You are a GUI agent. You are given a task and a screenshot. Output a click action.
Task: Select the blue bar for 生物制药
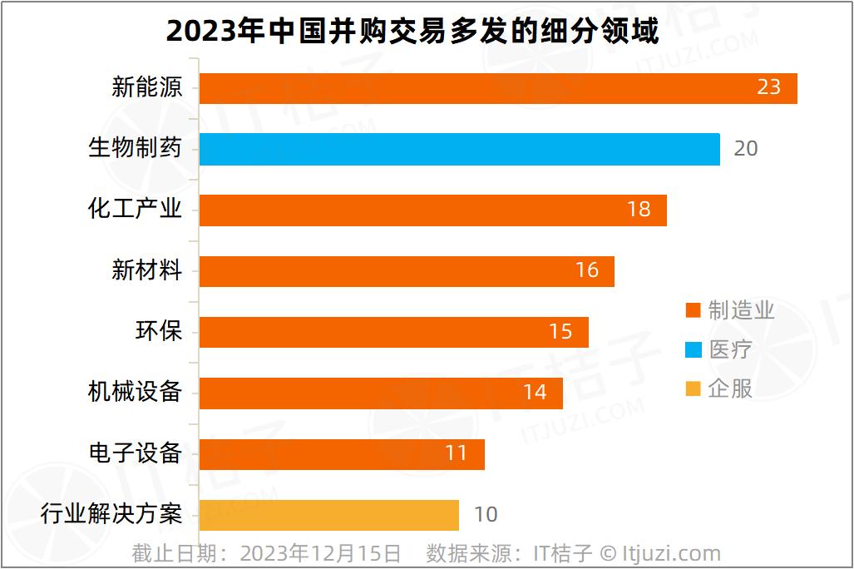click(459, 149)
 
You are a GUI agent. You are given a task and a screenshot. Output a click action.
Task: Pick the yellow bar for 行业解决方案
click(329, 515)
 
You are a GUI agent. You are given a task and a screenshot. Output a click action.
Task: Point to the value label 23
click(769, 87)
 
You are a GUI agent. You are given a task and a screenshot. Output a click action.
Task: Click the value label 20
click(746, 149)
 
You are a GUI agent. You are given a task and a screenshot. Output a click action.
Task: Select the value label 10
click(486, 515)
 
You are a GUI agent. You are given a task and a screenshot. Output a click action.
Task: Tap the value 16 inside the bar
click(587, 270)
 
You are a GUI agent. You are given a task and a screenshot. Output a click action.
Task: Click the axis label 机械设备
click(135, 392)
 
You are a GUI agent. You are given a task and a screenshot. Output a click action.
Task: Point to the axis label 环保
click(158, 331)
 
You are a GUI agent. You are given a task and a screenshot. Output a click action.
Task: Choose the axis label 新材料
click(146, 270)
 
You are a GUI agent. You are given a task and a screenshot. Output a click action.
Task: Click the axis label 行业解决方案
click(111, 514)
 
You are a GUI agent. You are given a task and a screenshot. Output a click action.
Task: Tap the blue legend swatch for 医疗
click(694, 349)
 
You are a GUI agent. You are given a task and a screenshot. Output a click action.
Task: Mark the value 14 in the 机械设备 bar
click(535, 392)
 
